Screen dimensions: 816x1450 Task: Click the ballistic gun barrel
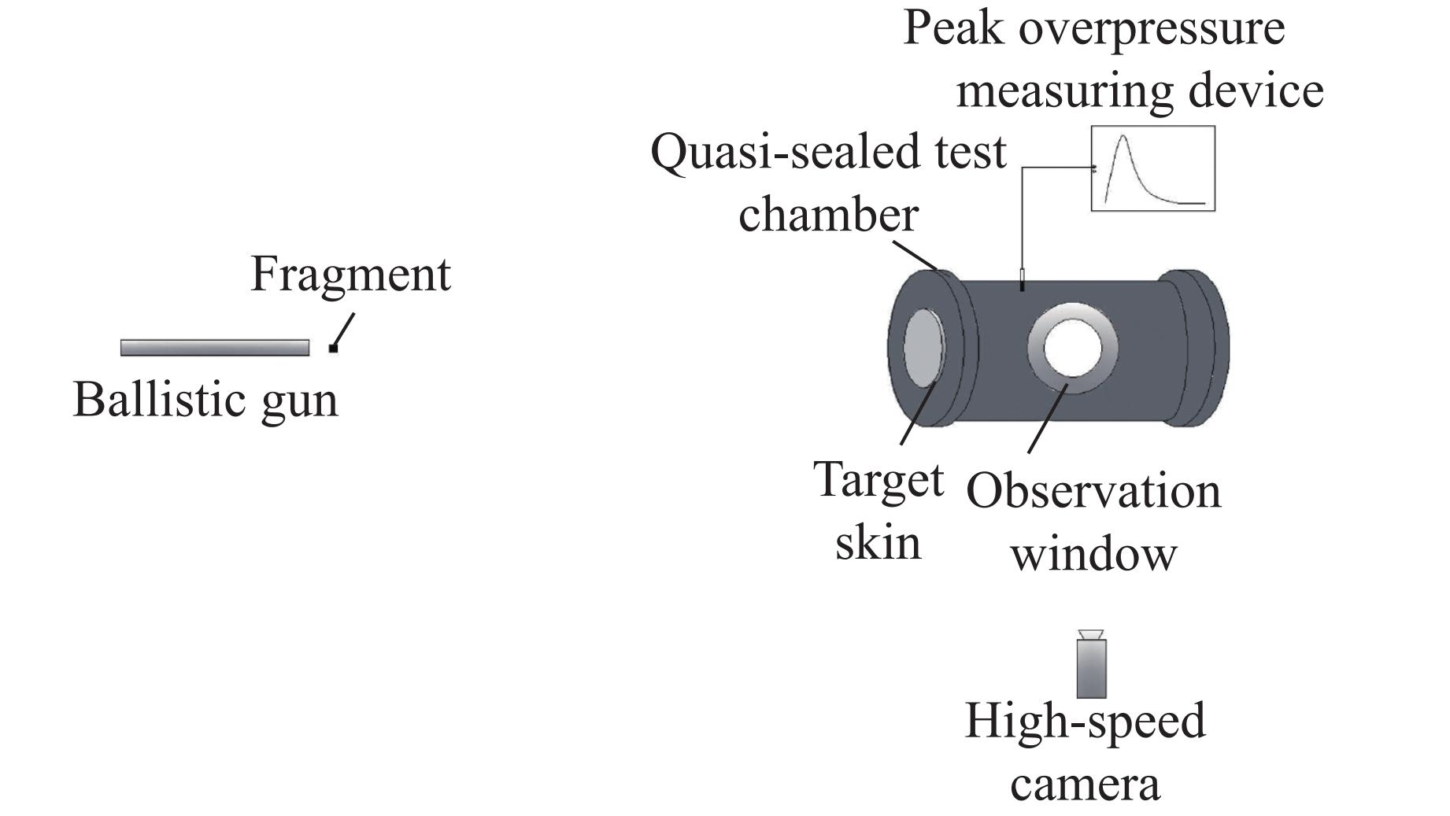click(214, 348)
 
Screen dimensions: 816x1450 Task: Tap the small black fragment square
click(333, 348)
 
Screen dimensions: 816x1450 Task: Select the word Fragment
click(350, 275)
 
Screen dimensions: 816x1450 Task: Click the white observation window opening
click(1072, 347)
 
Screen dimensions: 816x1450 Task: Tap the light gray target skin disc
click(923, 347)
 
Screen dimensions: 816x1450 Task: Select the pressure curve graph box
click(1152, 168)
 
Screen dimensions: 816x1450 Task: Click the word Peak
click(953, 28)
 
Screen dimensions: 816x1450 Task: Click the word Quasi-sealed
click(787, 153)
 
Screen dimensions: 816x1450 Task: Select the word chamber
click(828, 215)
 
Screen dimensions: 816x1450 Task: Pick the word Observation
click(1093, 492)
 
